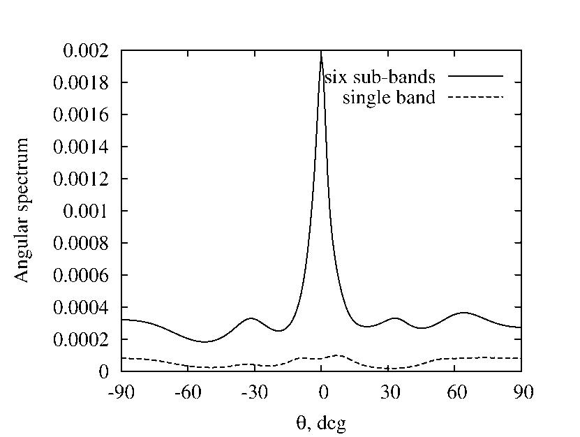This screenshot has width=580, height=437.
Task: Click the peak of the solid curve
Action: [x=321, y=52]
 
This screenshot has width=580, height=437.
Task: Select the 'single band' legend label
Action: [x=389, y=98]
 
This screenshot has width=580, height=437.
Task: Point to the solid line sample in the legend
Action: [x=475, y=75]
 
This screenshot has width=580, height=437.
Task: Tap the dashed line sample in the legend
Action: [x=475, y=98]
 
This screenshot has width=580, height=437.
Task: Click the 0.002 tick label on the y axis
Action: [x=85, y=51]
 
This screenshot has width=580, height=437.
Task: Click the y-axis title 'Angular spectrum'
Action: [x=23, y=210]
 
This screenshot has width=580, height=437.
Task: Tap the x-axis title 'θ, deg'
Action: [x=321, y=422]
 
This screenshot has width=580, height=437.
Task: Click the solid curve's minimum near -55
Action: [x=204, y=341]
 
